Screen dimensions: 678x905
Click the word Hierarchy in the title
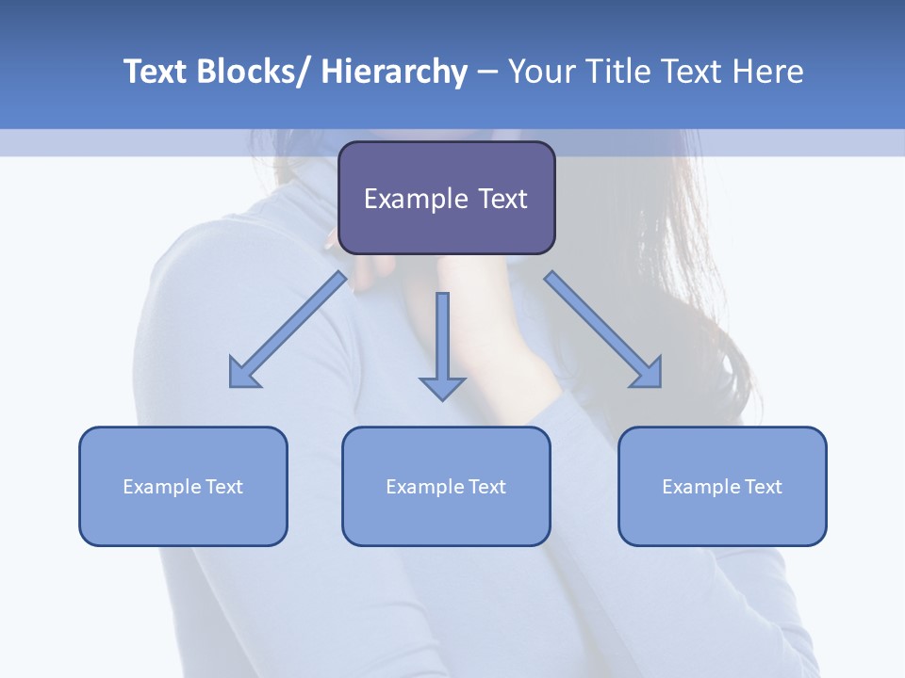point(394,72)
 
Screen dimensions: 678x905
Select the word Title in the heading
point(619,72)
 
